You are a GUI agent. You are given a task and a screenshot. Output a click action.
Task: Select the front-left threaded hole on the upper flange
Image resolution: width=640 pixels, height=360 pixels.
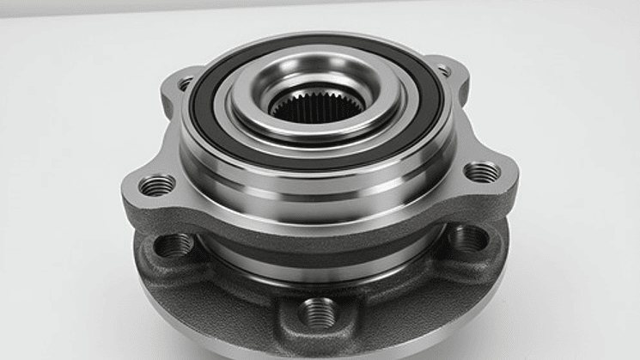[x=156, y=184]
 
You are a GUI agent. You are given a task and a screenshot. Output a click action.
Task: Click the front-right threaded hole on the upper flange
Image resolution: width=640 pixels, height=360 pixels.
[x=482, y=171]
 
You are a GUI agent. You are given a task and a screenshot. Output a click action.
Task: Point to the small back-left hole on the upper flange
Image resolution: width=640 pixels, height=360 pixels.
[x=186, y=83]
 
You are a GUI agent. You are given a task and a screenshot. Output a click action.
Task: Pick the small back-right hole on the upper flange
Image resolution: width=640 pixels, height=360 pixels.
[x=443, y=70]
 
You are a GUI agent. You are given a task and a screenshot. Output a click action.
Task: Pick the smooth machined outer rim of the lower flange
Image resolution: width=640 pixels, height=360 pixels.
[x=215, y=331]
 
